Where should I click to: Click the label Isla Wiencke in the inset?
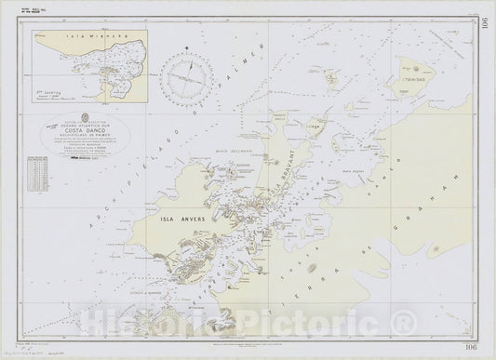tap(83, 32)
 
